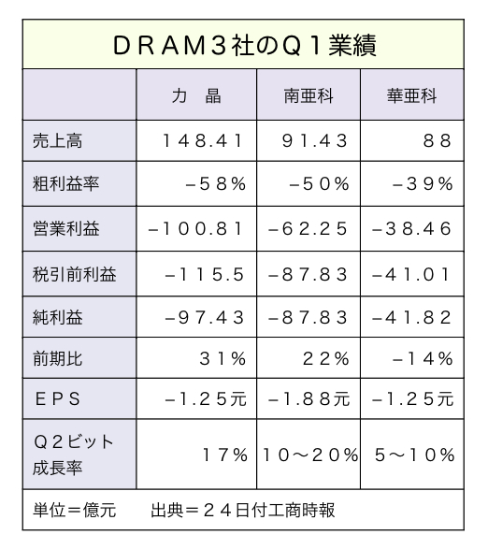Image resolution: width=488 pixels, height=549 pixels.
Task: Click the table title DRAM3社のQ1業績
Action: point(244,46)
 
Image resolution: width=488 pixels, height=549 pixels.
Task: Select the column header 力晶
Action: point(196,95)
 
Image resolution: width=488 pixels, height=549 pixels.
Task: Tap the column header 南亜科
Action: point(309,95)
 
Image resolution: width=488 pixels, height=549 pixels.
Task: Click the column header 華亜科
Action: point(412,95)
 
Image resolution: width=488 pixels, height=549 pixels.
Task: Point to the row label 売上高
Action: point(58,141)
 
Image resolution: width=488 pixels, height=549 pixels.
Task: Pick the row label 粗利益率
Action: point(66,184)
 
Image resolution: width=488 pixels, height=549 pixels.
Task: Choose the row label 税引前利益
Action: point(75,274)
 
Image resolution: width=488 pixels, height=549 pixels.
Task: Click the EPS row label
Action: point(58,398)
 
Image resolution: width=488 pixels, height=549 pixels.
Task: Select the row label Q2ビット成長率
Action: point(74,455)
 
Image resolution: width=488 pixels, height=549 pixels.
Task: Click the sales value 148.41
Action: point(203,141)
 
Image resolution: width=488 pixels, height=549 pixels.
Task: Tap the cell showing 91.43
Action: point(314,141)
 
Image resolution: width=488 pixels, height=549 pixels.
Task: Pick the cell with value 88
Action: point(438,141)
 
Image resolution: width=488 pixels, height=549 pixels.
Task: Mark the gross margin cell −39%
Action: point(423,184)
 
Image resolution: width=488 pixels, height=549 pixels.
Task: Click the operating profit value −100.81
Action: point(195,229)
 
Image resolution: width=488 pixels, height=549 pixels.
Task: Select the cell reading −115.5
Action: point(204,275)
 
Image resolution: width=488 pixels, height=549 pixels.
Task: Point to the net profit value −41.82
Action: point(411,318)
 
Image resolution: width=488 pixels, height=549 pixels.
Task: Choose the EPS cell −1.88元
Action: point(309,399)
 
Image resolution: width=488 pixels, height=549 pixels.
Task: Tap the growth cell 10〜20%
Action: point(310,455)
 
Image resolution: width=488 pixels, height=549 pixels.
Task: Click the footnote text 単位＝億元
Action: point(75,510)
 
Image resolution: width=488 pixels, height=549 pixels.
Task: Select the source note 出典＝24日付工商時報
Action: point(243,510)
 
